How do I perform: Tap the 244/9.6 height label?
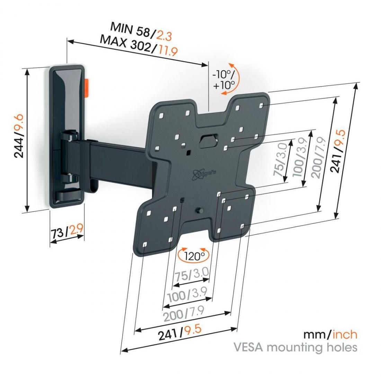[x=19, y=136]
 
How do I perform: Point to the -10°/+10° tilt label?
[x=224, y=79]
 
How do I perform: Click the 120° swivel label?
[x=193, y=256]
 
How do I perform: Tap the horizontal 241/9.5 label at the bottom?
[x=180, y=333]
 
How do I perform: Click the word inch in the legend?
[x=345, y=335]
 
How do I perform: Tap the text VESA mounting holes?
[x=295, y=347]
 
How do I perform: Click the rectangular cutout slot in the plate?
[x=209, y=140]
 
